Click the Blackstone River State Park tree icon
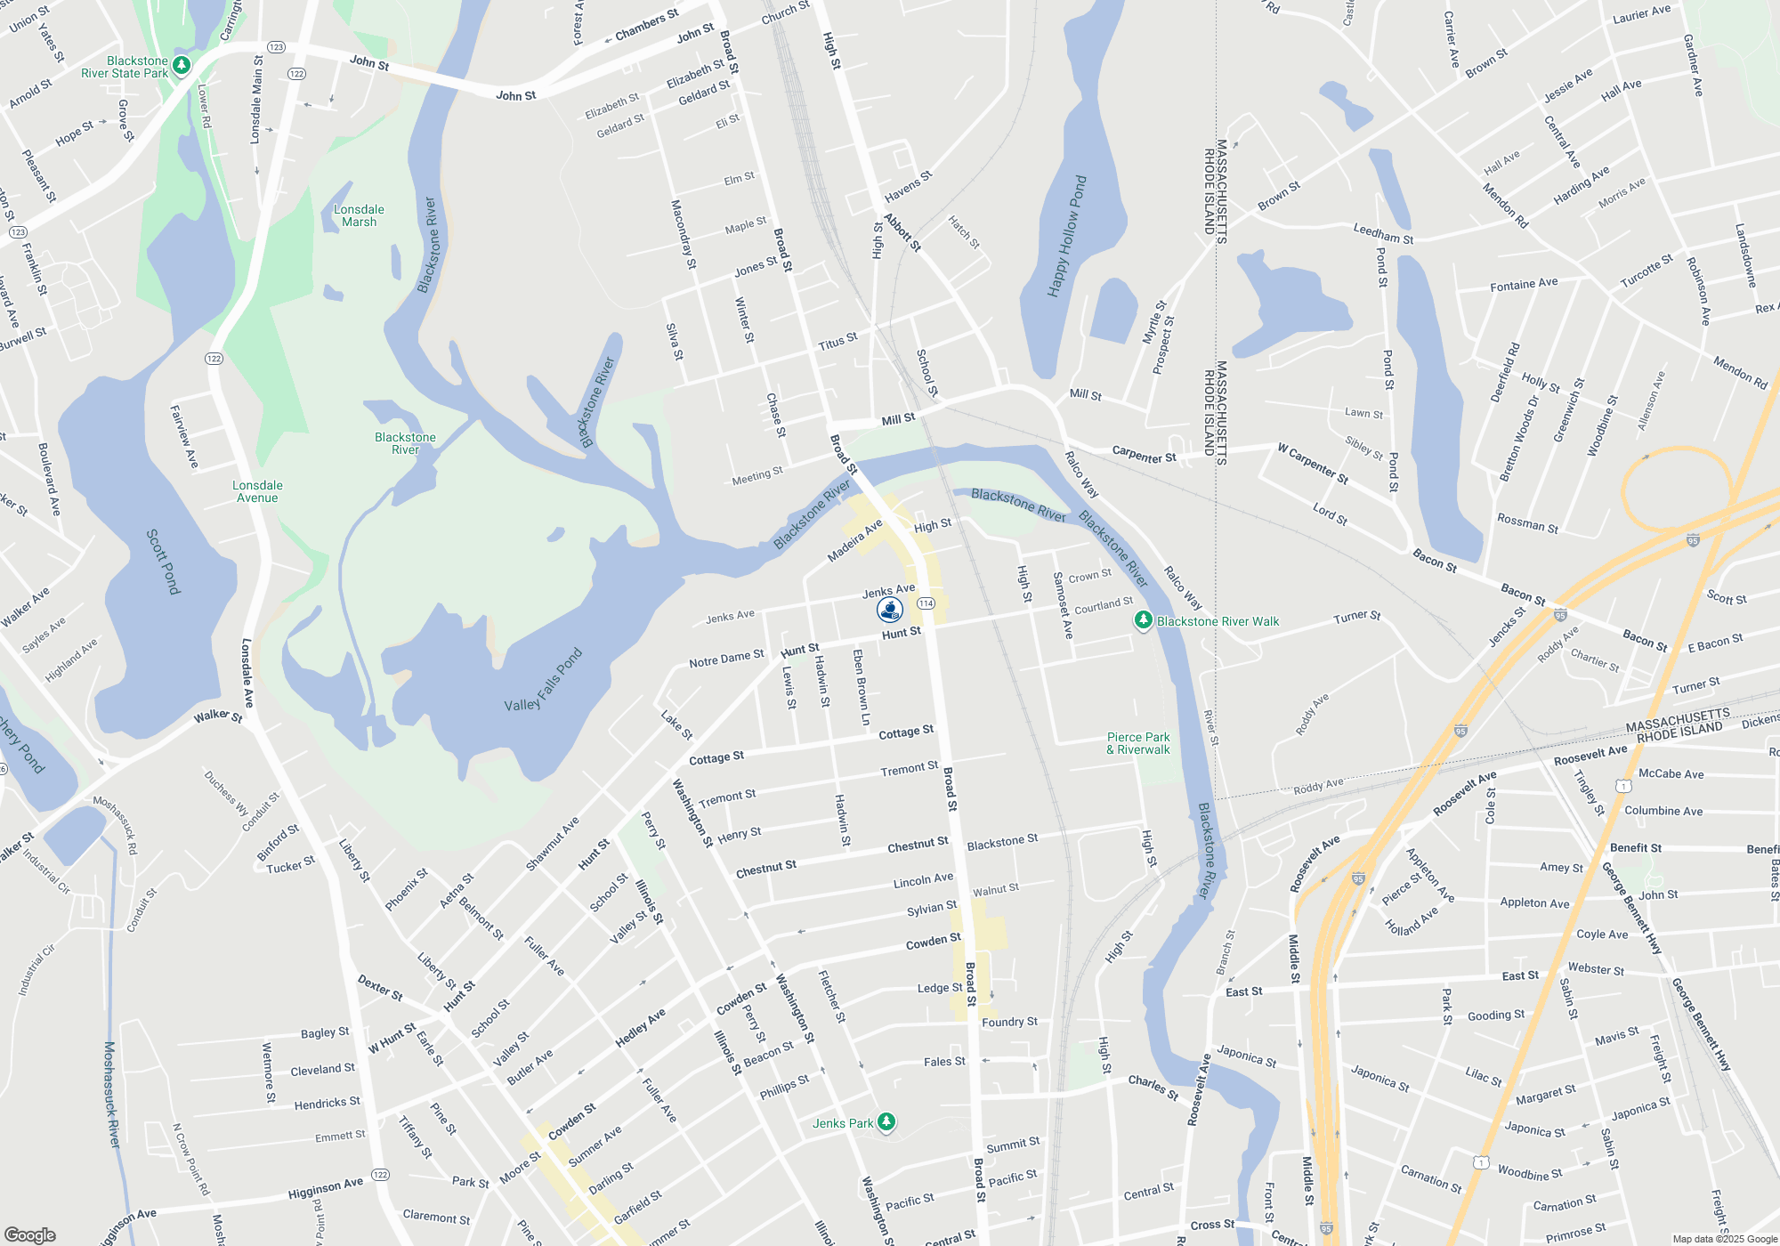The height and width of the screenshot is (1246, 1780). click(182, 65)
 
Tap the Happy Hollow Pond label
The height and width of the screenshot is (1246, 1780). click(1067, 237)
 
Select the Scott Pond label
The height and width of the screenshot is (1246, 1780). click(164, 562)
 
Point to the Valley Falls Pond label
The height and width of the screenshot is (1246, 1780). click(543, 681)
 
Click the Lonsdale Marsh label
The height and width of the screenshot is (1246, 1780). click(359, 216)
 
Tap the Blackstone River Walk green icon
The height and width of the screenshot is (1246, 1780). click(1144, 620)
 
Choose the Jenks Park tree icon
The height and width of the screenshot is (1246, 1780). click(886, 1121)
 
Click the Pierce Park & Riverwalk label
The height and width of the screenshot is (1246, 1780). click(1138, 744)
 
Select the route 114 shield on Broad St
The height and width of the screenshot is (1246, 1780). click(926, 603)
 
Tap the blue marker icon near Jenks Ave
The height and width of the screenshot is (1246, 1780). click(890, 610)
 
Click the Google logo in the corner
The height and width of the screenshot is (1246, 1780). click(30, 1235)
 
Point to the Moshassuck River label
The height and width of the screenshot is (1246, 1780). click(111, 1095)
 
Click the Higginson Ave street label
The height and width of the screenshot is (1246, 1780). click(326, 1188)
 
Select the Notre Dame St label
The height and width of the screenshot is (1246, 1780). click(726, 659)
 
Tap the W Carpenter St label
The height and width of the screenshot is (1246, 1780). click(1313, 464)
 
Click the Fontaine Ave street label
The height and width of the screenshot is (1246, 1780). click(1524, 285)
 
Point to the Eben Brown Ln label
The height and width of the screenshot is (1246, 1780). click(861, 687)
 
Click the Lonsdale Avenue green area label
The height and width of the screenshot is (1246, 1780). click(257, 491)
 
